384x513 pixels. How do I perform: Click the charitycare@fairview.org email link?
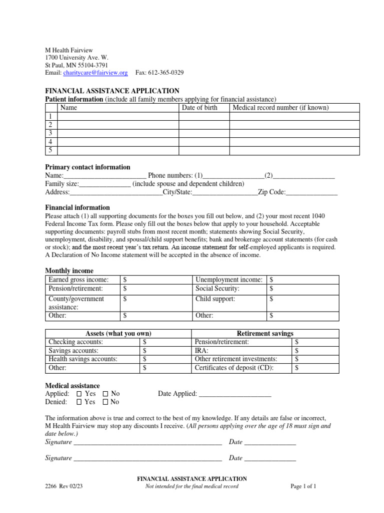click(x=95, y=73)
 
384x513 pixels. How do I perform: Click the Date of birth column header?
click(x=199, y=108)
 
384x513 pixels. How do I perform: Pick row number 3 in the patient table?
click(x=49, y=133)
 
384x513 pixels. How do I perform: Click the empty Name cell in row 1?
click(x=118, y=116)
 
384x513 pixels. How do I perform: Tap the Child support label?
click(x=215, y=299)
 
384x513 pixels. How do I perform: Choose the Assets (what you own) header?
click(x=118, y=334)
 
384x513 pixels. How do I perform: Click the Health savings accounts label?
click(x=83, y=359)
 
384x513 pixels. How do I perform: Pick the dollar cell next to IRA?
click(x=314, y=351)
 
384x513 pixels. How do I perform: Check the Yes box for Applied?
click(x=79, y=394)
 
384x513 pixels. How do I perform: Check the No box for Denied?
click(x=105, y=402)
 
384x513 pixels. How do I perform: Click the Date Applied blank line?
click(x=235, y=394)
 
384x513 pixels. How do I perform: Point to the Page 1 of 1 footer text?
click(x=303, y=486)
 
